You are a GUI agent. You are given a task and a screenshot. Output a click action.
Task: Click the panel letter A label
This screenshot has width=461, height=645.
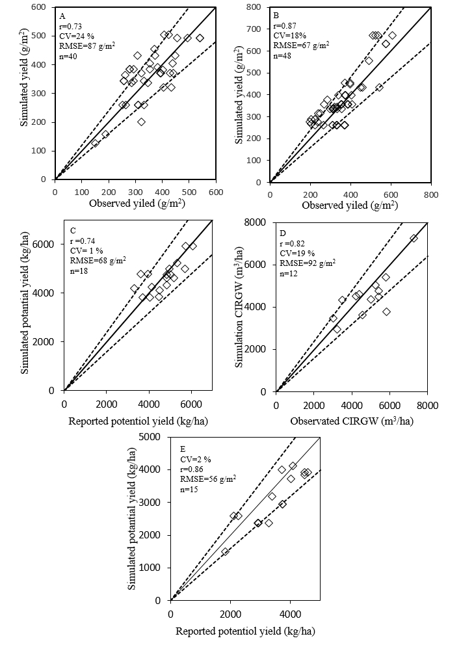(62, 16)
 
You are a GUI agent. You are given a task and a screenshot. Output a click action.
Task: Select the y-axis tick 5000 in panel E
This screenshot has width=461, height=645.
(153, 436)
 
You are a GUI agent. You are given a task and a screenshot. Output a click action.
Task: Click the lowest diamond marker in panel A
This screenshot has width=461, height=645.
(95, 144)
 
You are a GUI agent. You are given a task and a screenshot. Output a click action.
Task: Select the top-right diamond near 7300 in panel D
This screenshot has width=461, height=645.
(414, 238)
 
